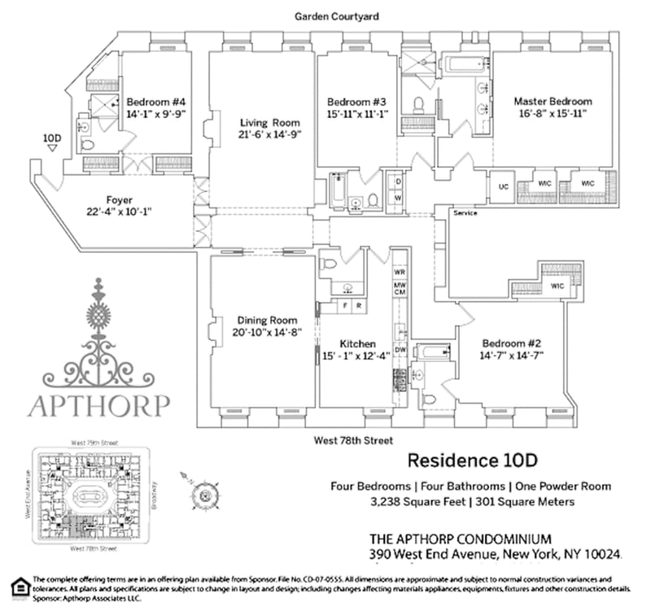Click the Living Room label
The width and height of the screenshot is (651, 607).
[259, 123]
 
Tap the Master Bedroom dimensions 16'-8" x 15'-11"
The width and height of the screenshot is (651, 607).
[553, 115]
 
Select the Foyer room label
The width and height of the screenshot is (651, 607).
[119, 199]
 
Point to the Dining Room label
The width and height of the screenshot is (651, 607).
[268, 320]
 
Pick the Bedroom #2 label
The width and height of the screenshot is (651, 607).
[512, 343]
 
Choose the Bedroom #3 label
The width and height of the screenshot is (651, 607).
[356, 102]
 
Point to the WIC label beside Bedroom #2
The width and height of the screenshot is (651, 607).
[557, 286]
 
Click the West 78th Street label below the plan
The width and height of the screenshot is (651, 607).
[349, 440]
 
